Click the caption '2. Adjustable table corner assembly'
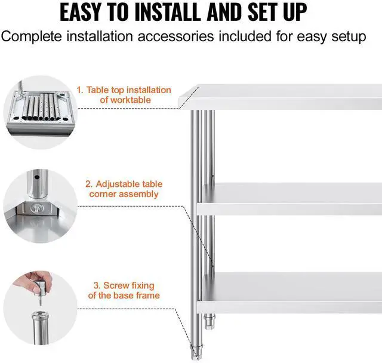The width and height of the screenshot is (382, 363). (x=124, y=189)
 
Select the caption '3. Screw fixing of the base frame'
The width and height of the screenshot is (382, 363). (x=124, y=291)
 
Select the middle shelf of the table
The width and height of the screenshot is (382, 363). (x=292, y=197)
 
